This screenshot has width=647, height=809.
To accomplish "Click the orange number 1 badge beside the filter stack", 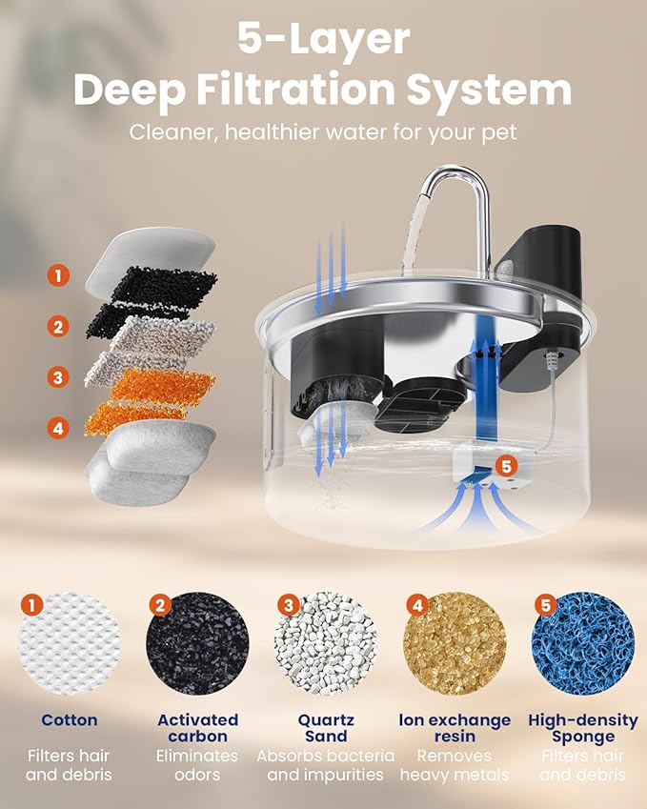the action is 58,275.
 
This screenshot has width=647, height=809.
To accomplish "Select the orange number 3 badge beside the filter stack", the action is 58,377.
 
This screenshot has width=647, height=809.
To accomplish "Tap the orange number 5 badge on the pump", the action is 507,465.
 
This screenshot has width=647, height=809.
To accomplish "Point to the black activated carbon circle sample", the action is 197,643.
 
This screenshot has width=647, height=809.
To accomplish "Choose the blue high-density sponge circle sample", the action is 583,643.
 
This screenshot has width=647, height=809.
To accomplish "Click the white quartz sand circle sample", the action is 326,643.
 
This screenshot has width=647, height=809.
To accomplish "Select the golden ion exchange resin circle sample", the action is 455,643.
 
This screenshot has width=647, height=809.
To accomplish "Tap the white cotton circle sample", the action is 70,643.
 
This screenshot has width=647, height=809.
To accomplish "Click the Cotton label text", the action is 70,720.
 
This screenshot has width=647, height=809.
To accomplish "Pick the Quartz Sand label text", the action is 326,728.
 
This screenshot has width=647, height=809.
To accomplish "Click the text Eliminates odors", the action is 197,765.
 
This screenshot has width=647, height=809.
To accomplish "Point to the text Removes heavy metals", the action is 455,765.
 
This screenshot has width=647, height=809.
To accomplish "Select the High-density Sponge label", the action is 583,728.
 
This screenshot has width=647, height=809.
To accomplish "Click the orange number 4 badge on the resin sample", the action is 417,605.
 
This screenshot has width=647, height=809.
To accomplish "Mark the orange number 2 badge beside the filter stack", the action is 58,327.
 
